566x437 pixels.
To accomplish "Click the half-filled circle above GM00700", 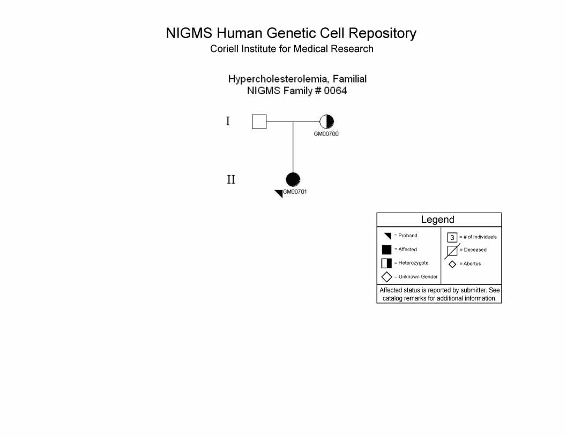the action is tap(326, 122).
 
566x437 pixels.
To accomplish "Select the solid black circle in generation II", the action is tap(293, 179).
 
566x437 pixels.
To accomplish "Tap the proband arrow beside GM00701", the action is tap(279, 194).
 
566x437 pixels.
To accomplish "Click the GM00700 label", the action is tap(326, 134).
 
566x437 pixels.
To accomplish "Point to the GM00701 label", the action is tap(295, 192).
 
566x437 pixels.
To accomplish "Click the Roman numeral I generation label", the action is tap(228, 121).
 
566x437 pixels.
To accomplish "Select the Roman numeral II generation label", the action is tap(231, 179).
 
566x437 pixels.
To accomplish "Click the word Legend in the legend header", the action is tap(437, 220).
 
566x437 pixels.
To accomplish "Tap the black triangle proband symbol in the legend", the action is tap(388, 236).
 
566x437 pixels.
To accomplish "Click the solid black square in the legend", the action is tap(386, 250).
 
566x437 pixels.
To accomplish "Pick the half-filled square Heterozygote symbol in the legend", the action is tap(386, 263).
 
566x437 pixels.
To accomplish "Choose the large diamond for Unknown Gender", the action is tap(386, 277).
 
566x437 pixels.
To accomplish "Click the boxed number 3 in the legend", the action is tap(452, 237).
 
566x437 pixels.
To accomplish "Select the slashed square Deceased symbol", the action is tap(452, 251).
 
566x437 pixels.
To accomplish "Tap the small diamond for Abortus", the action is tap(452, 265).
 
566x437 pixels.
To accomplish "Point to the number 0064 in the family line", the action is tap(336, 91).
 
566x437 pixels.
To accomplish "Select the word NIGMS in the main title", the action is tap(189, 33).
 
